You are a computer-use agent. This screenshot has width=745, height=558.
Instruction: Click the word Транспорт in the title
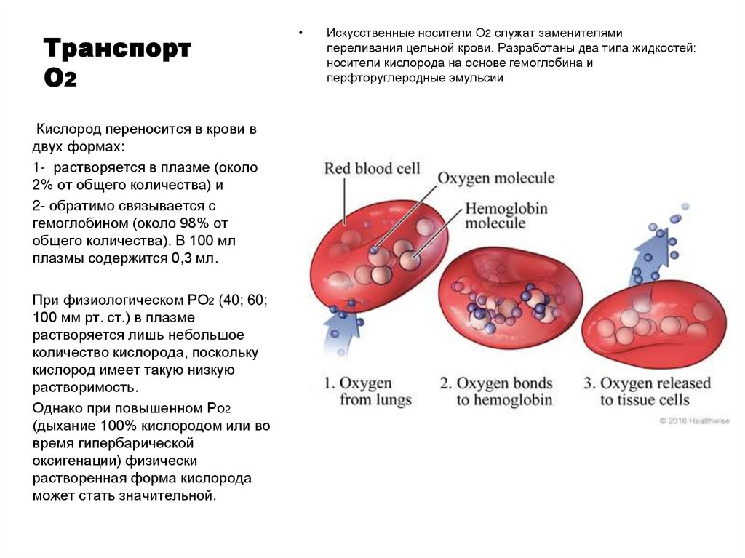pyautogui.click(x=117, y=50)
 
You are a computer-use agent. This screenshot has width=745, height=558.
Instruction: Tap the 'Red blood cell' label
pyautogui.click(x=372, y=168)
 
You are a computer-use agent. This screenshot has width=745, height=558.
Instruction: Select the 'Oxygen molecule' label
pyautogui.click(x=496, y=178)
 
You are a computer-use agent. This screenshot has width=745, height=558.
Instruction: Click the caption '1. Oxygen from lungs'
pyautogui.click(x=367, y=391)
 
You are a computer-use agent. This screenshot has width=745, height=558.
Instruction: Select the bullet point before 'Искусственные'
pyautogui.click(x=300, y=34)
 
